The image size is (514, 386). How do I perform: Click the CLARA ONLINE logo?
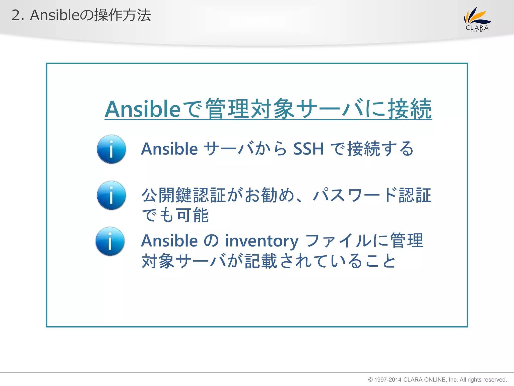click(x=477, y=19)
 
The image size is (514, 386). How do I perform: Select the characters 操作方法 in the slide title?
click(x=122, y=15)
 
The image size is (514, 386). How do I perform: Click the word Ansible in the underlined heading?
click(x=143, y=109)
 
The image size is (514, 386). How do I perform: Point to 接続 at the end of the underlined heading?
click(x=410, y=109)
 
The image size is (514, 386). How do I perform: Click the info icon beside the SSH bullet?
click(x=111, y=149)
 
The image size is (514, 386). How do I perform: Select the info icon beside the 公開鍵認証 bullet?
click(x=111, y=195)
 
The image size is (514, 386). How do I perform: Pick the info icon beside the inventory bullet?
click(x=110, y=241)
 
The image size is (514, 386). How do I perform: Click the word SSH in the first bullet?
click(x=308, y=149)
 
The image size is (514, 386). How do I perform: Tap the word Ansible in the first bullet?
click(x=169, y=149)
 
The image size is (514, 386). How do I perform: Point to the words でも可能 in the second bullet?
click(x=175, y=216)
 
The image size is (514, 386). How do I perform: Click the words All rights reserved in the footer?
click(x=483, y=380)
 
